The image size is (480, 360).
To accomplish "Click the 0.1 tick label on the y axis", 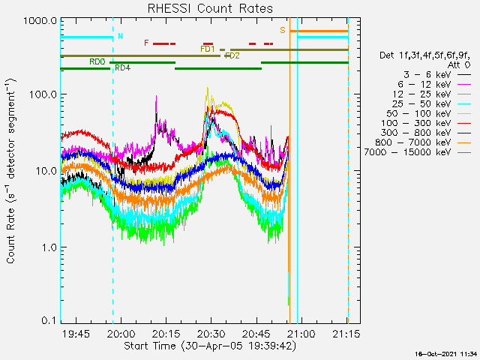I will tap(48, 320).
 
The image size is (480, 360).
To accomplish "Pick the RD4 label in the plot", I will tap(122, 68).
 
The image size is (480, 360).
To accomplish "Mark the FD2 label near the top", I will tap(232, 55).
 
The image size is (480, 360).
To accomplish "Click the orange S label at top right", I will tap(283, 30).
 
